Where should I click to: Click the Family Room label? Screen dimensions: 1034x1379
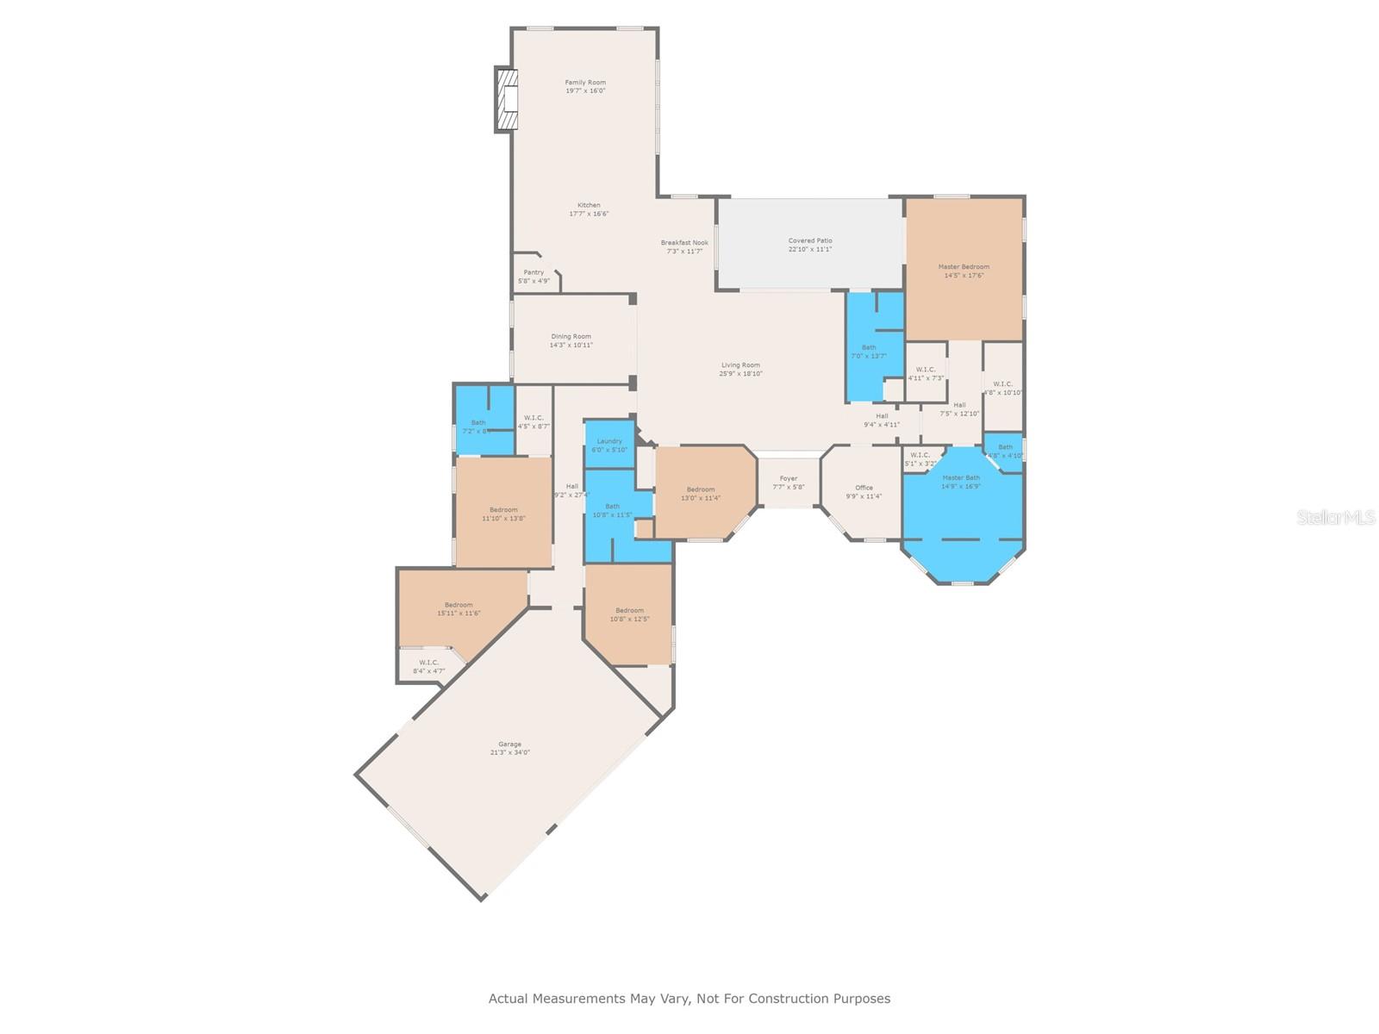pyautogui.click(x=585, y=83)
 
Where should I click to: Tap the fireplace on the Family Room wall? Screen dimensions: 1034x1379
pyautogui.click(x=507, y=100)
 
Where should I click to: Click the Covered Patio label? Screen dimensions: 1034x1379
pyautogui.click(x=810, y=241)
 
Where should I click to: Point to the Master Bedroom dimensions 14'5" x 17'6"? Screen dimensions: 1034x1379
pyautogui.click(x=964, y=276)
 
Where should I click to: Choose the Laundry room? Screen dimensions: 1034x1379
pyautogui.click(x=609, y=445)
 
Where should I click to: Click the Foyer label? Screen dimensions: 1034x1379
pyautogui.click(x=789, y=479)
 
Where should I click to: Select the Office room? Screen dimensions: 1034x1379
pyautogui.click(x=864, y=492)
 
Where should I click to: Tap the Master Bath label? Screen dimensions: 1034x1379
pyautogui.click(x=961, y=478)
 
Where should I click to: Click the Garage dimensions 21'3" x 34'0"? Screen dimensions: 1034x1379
pyautogui.click(x=509, y=752)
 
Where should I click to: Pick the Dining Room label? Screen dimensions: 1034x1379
pyautogui.click(x=571, y=337)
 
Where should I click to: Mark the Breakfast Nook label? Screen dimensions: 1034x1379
pyautogui.click(x=684, y=243)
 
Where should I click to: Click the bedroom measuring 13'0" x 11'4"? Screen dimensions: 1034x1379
pyautogui.click(x=701, y=493)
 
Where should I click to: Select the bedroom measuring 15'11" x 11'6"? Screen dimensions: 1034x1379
pyautogui.click(x=459, y=609)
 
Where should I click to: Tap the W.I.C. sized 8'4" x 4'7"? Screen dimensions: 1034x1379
pyautogui.click(x=428, y=666)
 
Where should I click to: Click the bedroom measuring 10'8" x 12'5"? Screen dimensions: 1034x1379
pyautogui.click(x=629, y=614)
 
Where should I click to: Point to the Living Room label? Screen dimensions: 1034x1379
pyautogui.click(x=740, y=365)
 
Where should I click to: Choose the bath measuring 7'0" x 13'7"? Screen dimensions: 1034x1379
pyautogui.click(x=869, y=352)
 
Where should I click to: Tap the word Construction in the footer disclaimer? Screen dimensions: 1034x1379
pyautogui.click(x=787, y=999)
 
